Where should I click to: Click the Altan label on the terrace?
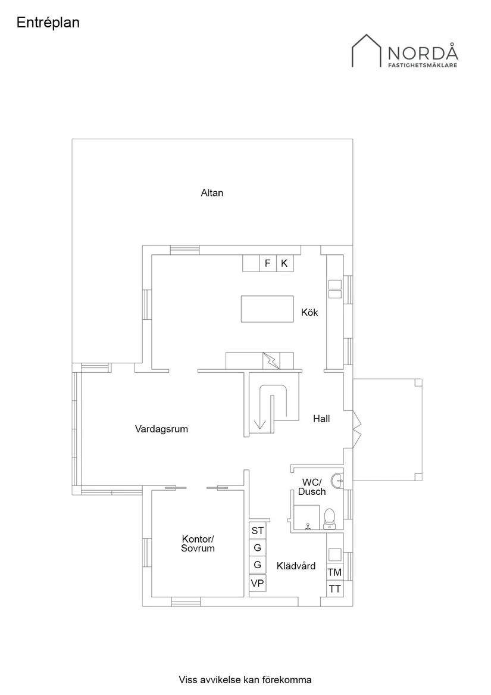point(212,193)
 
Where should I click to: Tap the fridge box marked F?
point(268,263)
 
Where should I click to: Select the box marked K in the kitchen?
point(284,263)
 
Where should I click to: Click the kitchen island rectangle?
point(267,309)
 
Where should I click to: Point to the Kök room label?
point(309,313)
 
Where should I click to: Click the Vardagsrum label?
point(161,429)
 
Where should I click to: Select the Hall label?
point(321,419)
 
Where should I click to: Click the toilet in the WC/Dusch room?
point(329,519)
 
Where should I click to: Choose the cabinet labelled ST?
point(258,531)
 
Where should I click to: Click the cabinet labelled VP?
point(258,583)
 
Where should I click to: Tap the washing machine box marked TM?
point(334,572)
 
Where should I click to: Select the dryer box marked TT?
point(334,589)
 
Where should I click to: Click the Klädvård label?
point(296,566)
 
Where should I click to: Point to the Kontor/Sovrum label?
point(198,544)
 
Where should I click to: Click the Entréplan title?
point(48,23)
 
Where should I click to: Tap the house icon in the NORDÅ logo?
point(367,51)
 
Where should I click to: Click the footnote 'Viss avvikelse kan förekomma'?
point(245,680)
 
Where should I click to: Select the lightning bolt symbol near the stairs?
point(271,361)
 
